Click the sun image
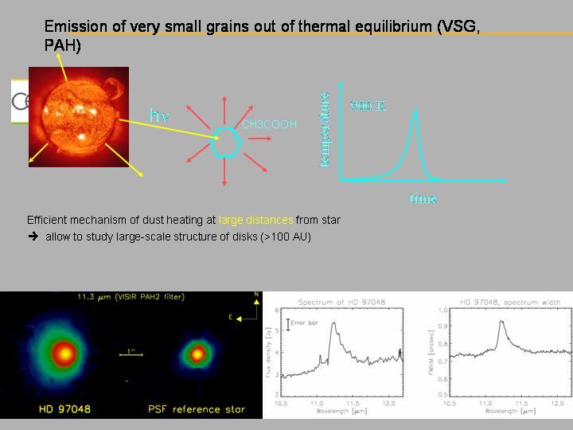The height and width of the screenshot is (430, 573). tap(78, 116)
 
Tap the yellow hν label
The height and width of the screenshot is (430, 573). tap(160, 115)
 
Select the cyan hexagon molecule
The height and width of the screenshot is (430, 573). tap(225, 143)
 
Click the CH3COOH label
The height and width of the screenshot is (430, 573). tap(269, 125)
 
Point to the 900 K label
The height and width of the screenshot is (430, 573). tap(368, 106)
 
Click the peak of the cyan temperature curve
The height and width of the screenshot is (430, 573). tap(415, 111)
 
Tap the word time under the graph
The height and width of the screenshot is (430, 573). tap(423, 198)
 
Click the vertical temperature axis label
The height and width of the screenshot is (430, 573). tap(324, 129)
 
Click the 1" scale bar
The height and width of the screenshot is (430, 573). tap(131, 357)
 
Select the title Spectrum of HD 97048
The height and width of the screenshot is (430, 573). tap(344, 303)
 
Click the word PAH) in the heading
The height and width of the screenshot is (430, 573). tap(62, 47)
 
